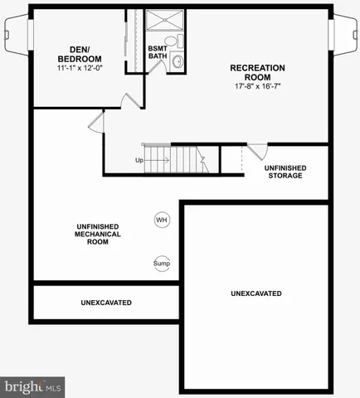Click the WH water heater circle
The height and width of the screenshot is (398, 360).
click(x=161, y=220)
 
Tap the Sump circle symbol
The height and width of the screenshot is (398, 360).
click(x=161, y=264)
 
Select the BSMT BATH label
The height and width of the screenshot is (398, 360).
click(x=158, y=51)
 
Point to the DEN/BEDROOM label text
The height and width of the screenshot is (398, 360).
click(x=80, y=54)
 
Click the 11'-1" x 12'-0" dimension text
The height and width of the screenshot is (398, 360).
click(x=80, y=69)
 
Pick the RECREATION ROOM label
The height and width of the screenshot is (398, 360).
click(x=257, y=73)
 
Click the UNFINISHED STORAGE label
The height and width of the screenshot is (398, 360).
click(x=285, y=172)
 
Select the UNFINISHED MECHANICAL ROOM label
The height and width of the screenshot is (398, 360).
click(x=96, y=234)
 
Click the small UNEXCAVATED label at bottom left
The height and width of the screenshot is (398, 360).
click(x=105, y=303)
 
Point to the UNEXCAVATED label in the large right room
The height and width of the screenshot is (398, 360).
click(x=255, y=294)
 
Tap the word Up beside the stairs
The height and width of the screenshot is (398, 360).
click(x=139, y=160)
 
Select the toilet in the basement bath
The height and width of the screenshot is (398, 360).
click(x=171, y=41)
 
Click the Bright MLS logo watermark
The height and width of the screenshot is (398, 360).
click(x=33, y=386)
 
